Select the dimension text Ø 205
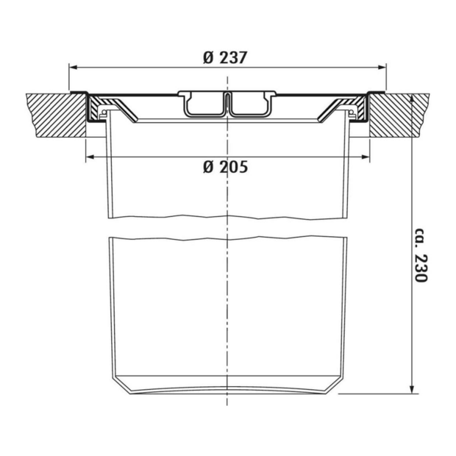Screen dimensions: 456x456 click(x=226, y=167)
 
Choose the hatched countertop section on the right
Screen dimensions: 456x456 click(x=397, y=114)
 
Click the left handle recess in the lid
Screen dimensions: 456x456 click(x=204, y=104)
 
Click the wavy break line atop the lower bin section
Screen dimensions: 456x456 click(x=228, y=238)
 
